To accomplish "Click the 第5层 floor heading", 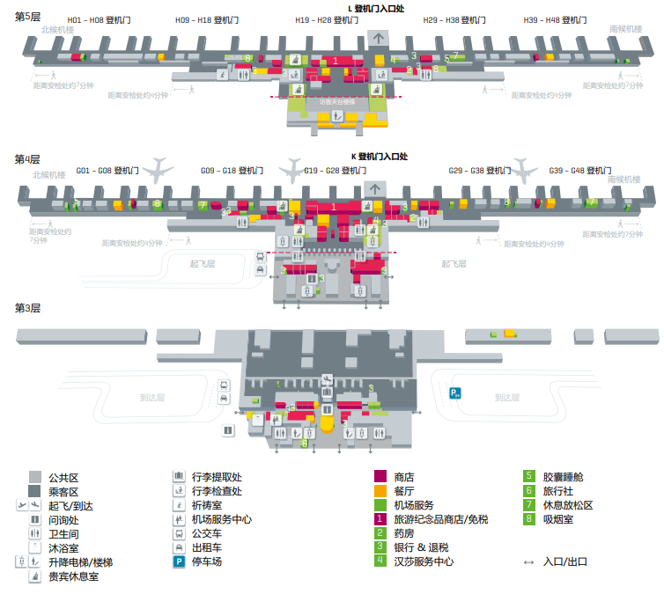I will [x=28, y=17].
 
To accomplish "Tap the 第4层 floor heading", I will [x=28, y=159].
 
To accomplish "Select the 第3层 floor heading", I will [x=28, y=308].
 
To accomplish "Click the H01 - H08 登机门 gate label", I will [x=97, y=19].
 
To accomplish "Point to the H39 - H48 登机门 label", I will [x=555, y=19].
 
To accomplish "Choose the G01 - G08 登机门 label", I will [x=108, y=171].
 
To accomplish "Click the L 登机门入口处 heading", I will [x=377, y=8].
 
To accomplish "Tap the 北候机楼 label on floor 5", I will [x=58, y=29].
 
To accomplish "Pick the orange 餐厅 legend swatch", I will [x=380, y=491].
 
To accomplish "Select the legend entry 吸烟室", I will [x=557, y=519].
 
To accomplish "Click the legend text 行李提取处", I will [x=216, y=477].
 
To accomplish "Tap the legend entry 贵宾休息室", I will [x=73, y=576].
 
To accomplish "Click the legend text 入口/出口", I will [x=565, y=561].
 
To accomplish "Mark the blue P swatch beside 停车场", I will [x=178, y=561].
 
